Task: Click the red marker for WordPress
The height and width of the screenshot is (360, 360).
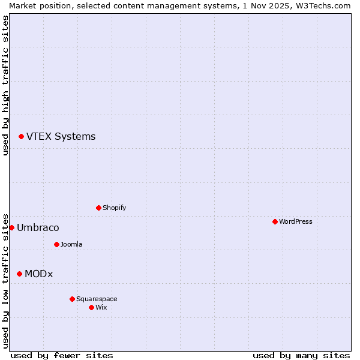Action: click(x=275, y=221)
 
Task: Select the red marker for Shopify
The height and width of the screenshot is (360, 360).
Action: click(x=98, y=208)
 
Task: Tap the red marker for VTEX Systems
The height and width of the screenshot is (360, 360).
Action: click(x=21, y=137)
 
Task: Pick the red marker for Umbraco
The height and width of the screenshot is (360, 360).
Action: click(x=11, y=227)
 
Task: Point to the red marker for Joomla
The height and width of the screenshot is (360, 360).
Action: click(x=56, y=244)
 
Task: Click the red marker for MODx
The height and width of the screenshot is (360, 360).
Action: click(x=19, y=274)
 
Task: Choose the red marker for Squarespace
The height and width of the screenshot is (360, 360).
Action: click(x=72, y=299)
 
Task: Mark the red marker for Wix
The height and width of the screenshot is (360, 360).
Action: click(x=91, y=307)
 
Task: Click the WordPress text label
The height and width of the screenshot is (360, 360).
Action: click(x=296, y=221)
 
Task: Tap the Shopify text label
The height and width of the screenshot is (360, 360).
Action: click(x=114, y=208)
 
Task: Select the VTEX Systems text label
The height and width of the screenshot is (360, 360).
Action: click(x=61, y=136)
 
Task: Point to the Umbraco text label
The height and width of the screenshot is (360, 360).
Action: click(x=38, y=227)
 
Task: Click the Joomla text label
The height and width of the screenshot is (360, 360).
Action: click(x=71, y=244)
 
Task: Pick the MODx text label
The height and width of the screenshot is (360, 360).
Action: click(x=38, y=274)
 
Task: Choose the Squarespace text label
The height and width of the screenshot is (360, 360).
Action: click(x=97, y=299)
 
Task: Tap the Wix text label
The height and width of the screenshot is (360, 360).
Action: click(x=101, y=307)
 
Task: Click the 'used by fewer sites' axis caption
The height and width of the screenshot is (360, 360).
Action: click(x=62, y=355)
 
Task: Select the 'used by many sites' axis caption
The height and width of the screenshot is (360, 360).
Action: click(x=301, y=355)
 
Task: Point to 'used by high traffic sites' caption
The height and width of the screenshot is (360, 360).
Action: click(x=5, y=85)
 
